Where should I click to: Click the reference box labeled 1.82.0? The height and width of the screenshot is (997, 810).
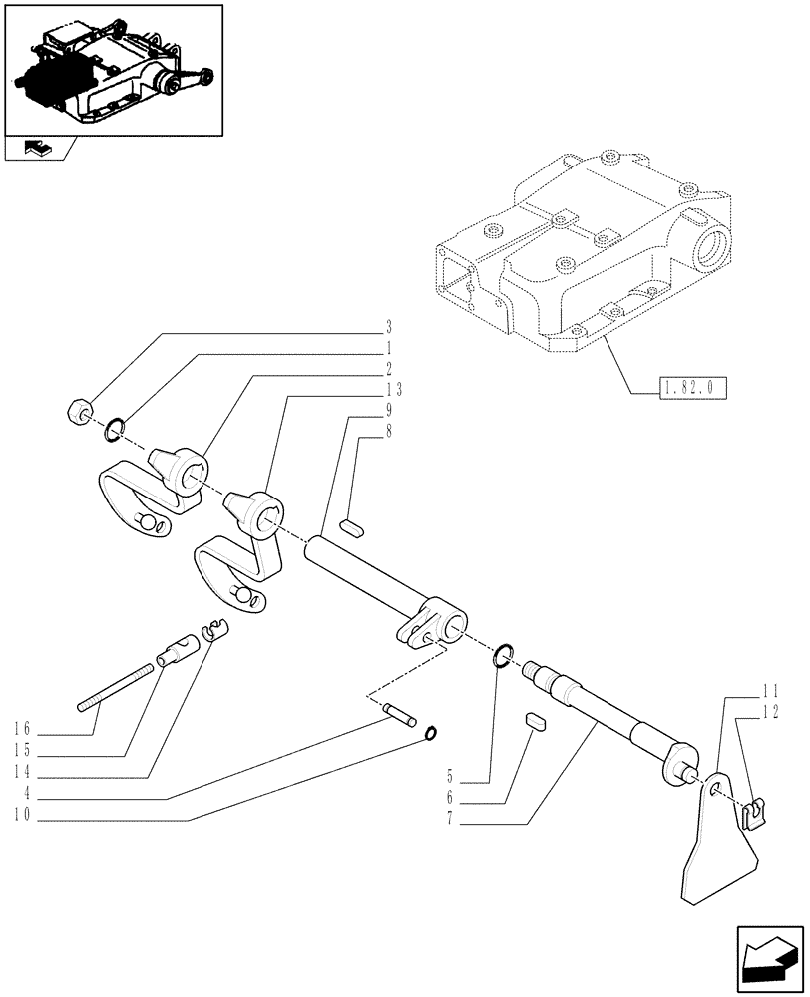[692, 387]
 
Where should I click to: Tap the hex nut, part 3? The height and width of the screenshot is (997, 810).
[80, 411]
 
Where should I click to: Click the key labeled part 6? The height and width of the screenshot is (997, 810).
[536, 721]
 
